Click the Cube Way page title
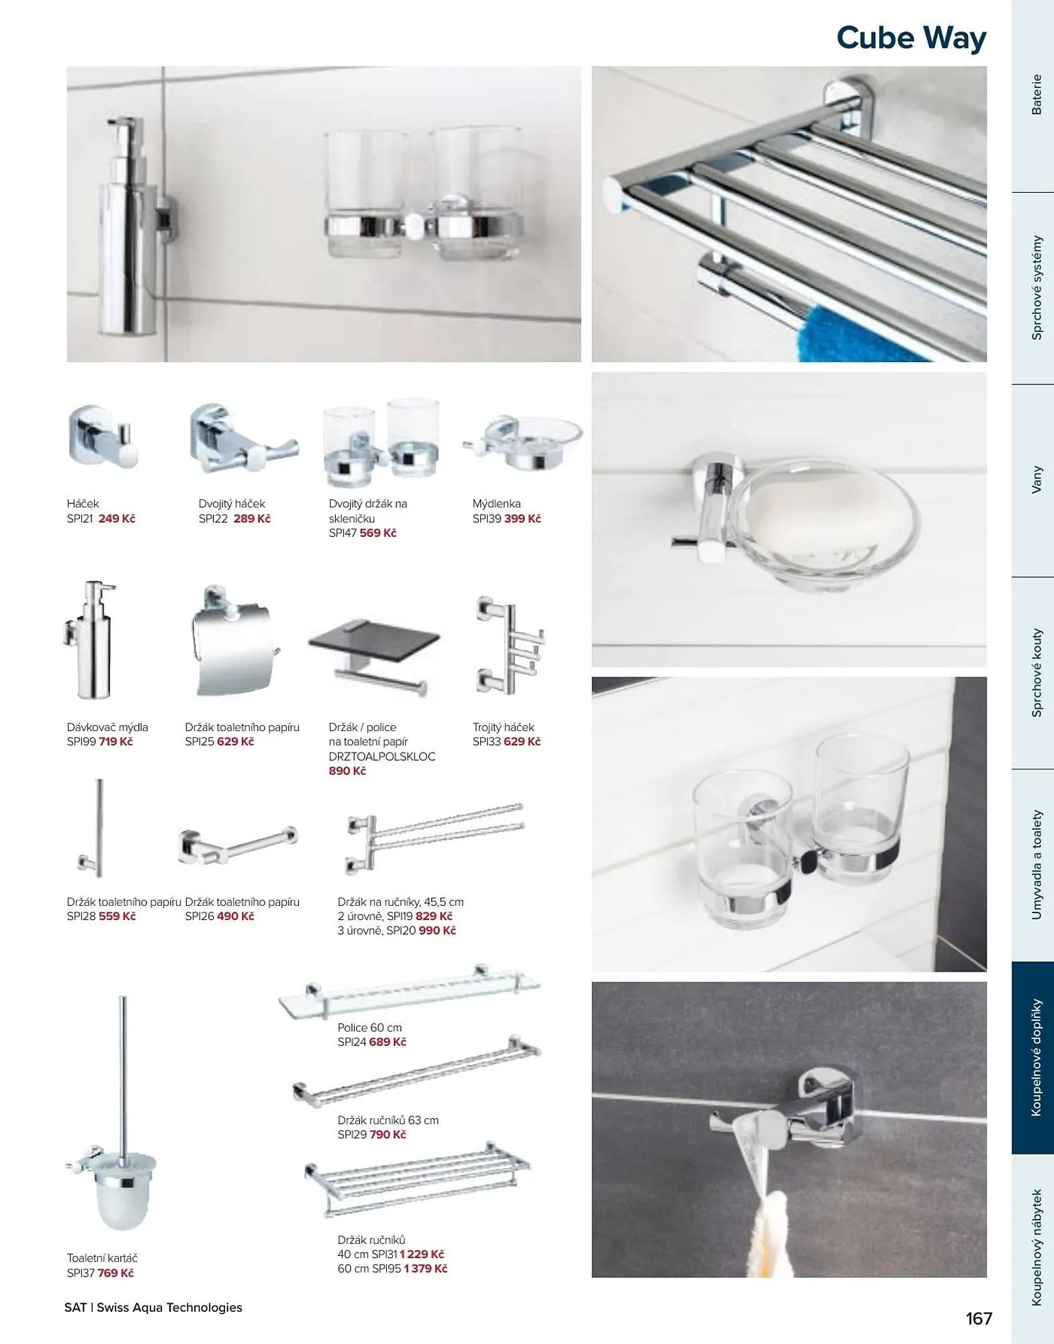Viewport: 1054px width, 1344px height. (911, 38)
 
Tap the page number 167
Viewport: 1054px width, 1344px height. (979, 1318)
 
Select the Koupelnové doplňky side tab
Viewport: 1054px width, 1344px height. (1033, 1058)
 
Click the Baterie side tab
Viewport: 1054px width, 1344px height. (1033, 96)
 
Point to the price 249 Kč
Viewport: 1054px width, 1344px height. (117, 519)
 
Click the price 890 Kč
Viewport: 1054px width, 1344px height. (347, 771)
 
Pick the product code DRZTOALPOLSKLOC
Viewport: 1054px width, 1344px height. (382, 757)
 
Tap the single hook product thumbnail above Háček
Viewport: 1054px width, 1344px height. (102, 435)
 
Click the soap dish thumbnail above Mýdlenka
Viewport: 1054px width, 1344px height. (523, 442)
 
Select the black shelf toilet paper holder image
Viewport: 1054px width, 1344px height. (374, 655)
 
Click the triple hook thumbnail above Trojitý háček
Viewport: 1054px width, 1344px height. (509, 645)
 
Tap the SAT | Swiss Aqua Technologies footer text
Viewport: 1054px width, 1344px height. (153, 1308)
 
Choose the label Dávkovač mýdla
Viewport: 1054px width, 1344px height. (107, 727)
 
